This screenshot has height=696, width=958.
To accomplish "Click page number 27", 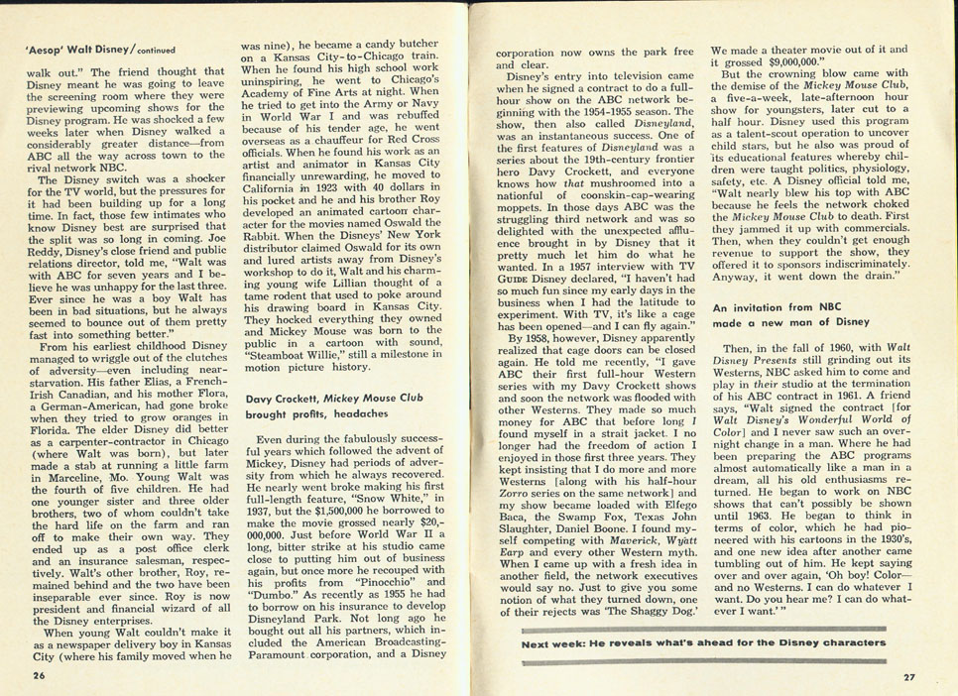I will point(908,678).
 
